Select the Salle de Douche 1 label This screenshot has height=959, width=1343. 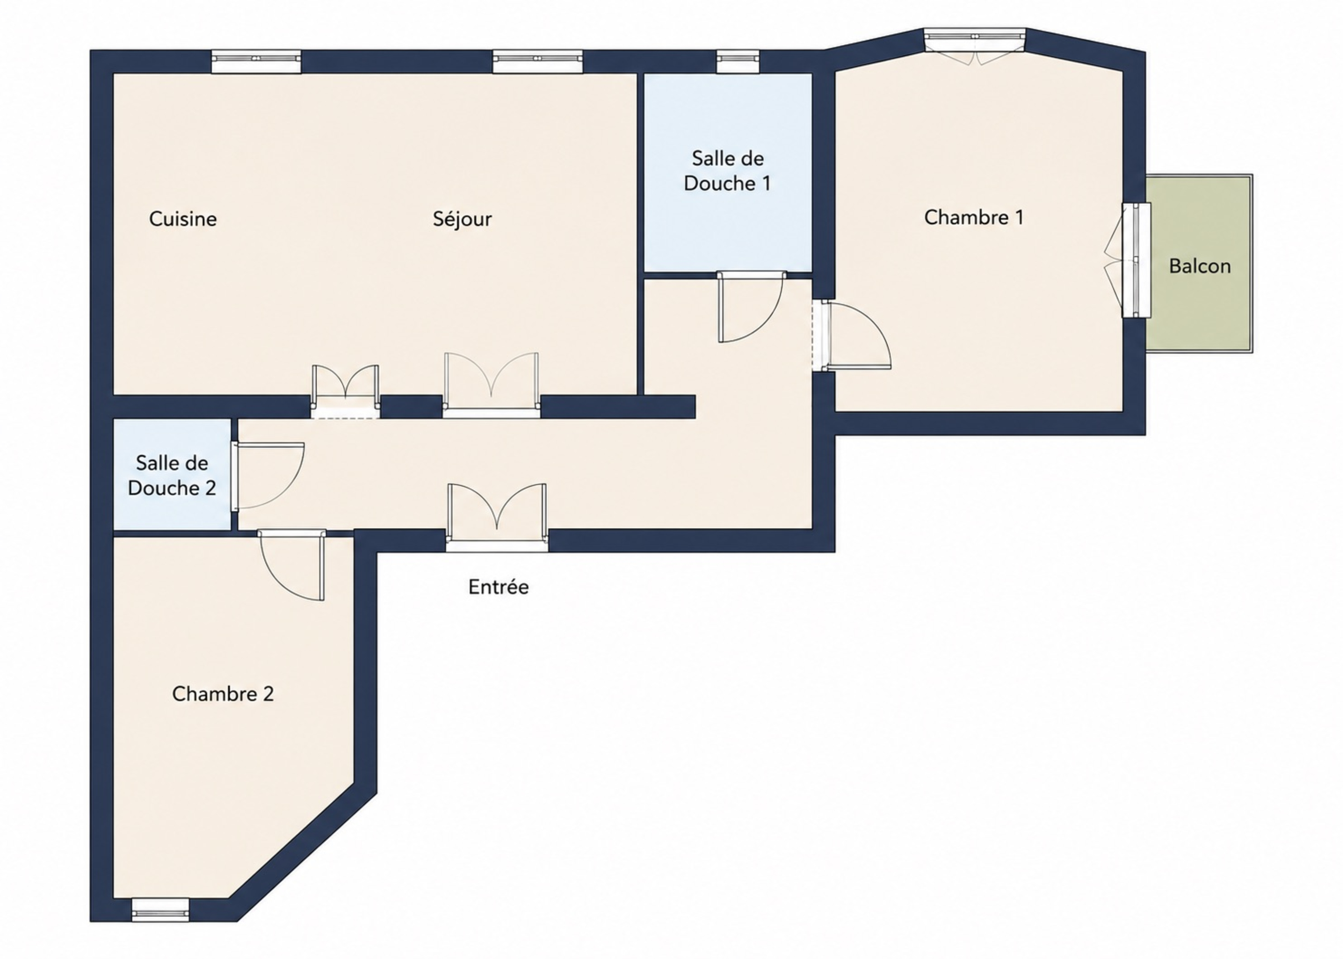pos(727,171)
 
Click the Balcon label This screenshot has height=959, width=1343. pos(1200,266)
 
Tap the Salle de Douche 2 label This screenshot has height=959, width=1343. pos(172,475)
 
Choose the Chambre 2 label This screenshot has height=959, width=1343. pos(223,694)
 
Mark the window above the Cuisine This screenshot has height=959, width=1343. pos(256,61)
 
